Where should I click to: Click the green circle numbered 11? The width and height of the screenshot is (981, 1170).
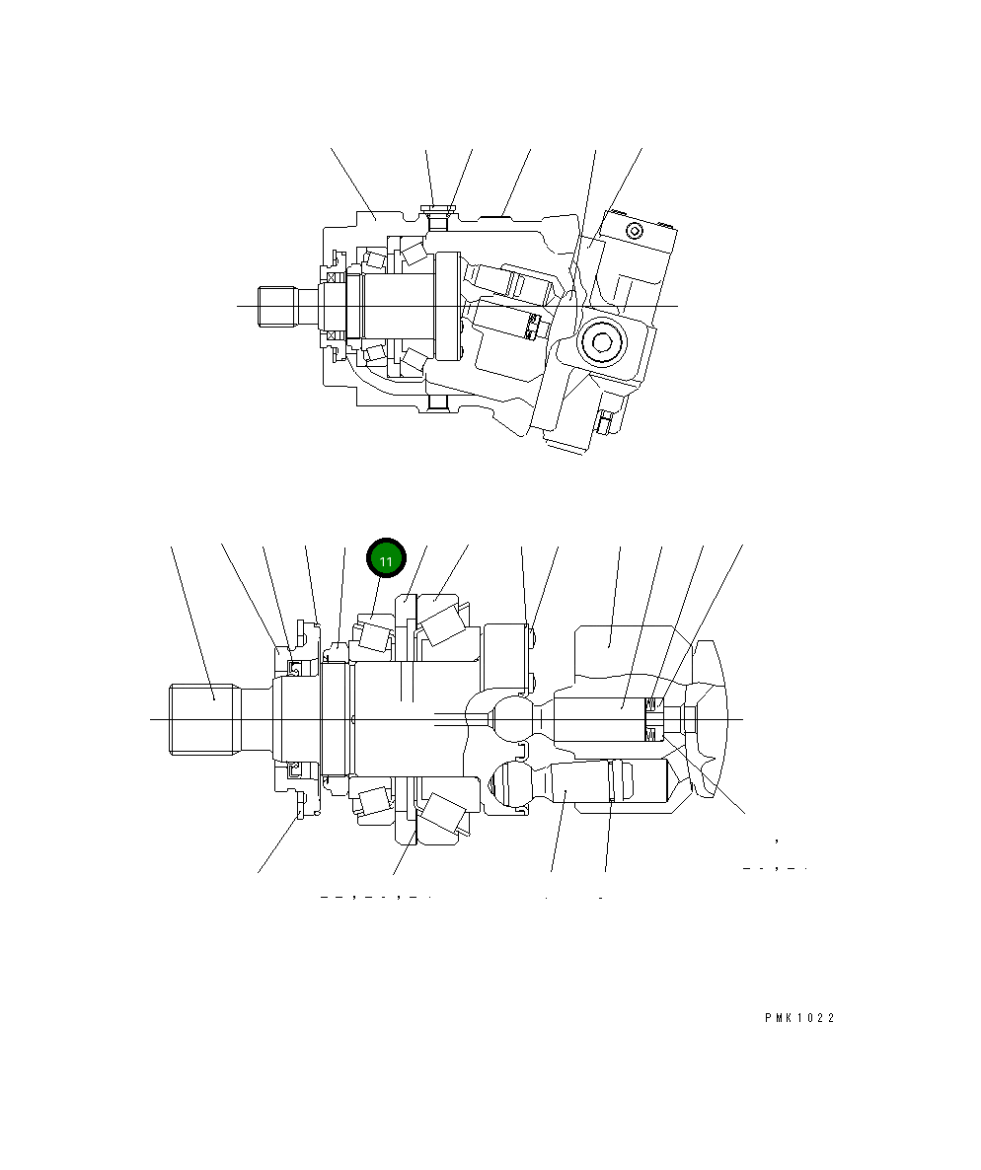click(x=386, y=559)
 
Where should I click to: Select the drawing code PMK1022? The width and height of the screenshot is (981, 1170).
click(x=798, y=1019)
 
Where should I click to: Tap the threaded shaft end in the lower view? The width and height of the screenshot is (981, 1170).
click(x=205, y=719)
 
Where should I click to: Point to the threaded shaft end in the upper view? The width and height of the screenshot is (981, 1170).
click(x=277, y=305)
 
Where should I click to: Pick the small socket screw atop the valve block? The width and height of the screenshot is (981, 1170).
click(x=634, y=232)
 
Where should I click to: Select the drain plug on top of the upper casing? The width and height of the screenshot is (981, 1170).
click(x=437, y=210)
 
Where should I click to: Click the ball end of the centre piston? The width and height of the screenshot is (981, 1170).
click(x=514, y=718)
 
